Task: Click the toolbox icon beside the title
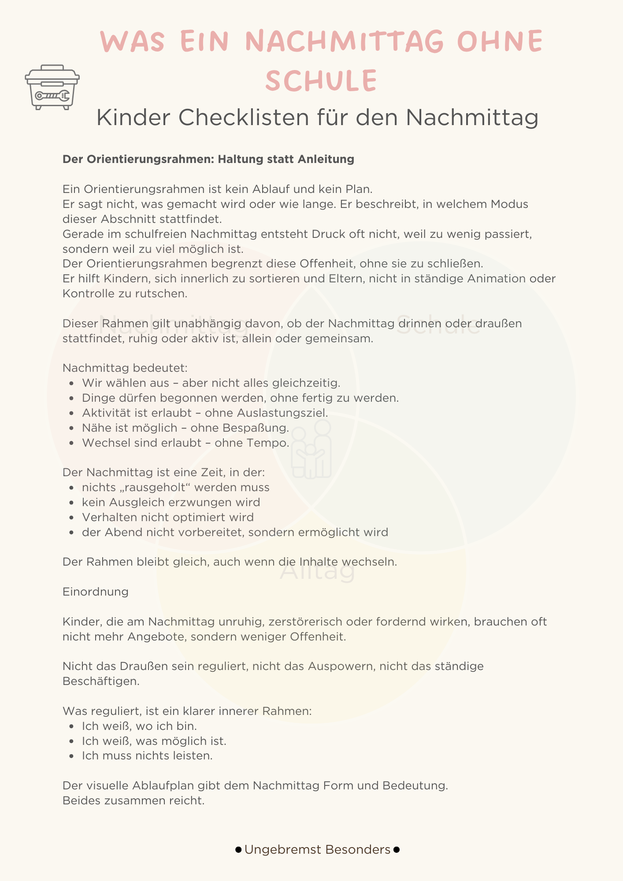click(x=52, y=87)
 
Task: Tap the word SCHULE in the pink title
click(x=321, y=81)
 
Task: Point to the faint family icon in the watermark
click(x=311, y=449)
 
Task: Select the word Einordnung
click(x=96, y=592)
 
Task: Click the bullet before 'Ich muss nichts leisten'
click(x=72, y=756)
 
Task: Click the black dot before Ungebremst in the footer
click(x=238, y=850)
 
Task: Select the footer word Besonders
click(x=358, y=850)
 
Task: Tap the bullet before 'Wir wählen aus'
click(x=72, y=384)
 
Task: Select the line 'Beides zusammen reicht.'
click(x=133, y=801)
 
